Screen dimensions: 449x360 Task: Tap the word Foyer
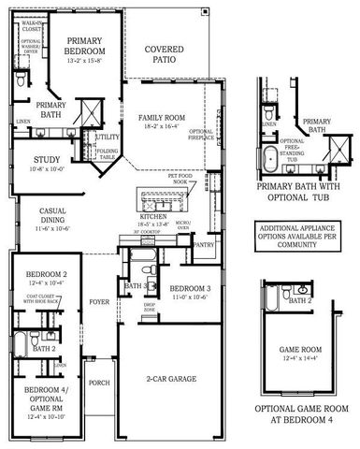99,302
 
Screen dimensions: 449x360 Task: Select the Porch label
98,382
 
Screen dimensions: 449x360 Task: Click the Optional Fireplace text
202,136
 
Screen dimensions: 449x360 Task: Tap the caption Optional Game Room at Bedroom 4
305,413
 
